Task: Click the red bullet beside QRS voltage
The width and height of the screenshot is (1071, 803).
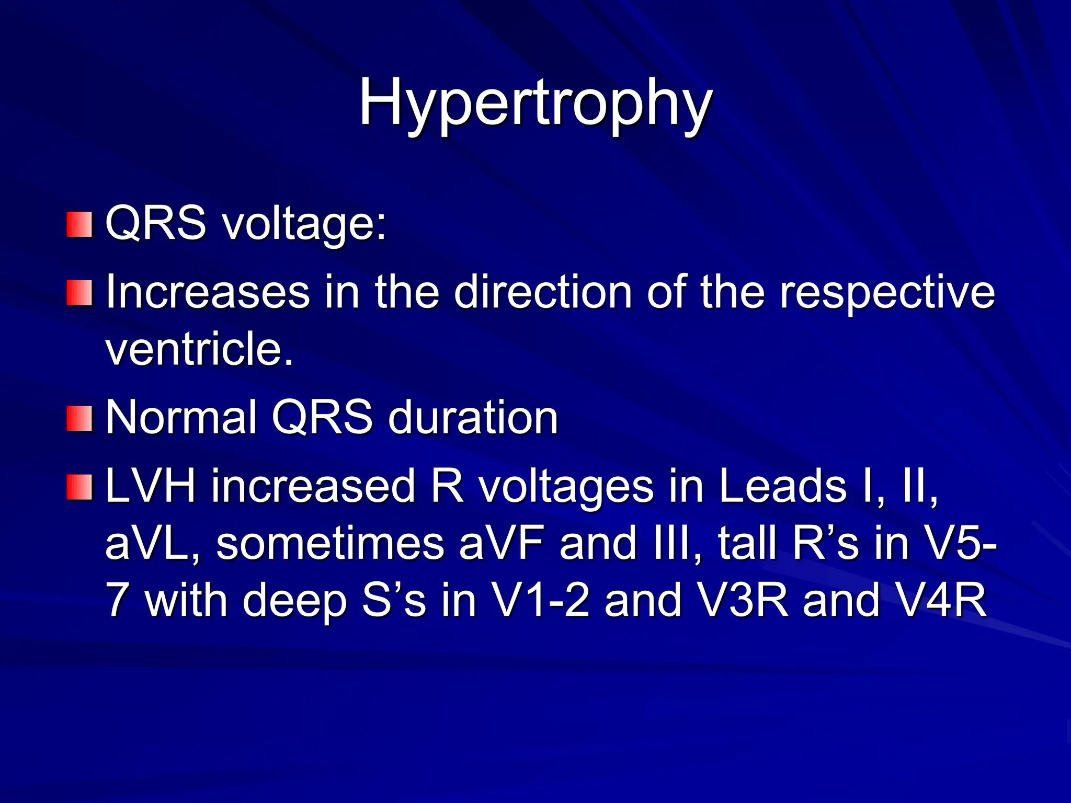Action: click(x=79, y=224)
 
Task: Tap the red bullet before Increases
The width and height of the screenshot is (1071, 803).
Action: click(x=79, y=293)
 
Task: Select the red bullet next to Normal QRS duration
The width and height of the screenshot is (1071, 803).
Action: click(x=79, y=418)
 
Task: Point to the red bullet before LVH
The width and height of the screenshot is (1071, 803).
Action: click(x=79, y=487)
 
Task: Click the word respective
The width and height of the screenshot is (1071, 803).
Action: click(x=887, y=293)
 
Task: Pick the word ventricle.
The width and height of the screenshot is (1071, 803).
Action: click(x=199, y=349)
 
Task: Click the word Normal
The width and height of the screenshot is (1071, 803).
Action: click(x=181, y=418)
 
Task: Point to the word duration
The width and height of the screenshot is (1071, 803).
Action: click(x=473, y=418)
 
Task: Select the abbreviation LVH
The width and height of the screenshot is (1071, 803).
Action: click(x=151, y=486)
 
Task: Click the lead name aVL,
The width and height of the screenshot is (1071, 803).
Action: click(x=152, y=544)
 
